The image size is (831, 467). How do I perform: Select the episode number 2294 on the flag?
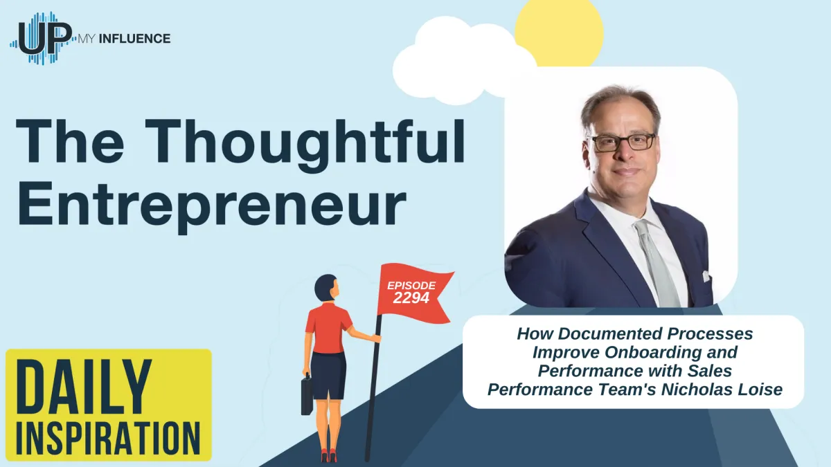coord(412,298)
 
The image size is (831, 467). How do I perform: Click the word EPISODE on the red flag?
coord(411,284)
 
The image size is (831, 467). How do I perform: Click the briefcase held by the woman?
coord(307,395)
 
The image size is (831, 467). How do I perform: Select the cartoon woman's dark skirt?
coord(328,374)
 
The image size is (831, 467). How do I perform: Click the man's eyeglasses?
coord(621,142)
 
